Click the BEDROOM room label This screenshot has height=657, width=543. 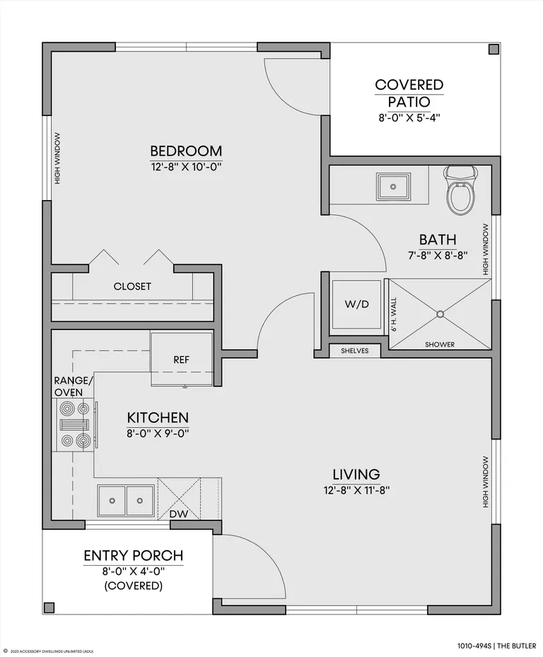(186, 151)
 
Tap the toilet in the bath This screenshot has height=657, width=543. (461, 190)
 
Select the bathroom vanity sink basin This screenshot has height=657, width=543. (393, 187)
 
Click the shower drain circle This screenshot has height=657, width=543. (440, 314)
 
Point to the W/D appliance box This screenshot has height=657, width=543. (356, 305)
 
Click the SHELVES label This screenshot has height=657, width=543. (355, 351)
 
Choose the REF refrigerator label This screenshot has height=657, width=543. (182, 359)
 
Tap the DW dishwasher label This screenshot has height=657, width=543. (179, 513)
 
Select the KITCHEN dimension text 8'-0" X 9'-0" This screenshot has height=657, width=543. (158, 434)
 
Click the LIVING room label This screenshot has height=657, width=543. (356, 475)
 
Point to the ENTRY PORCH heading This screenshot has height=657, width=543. (134, 556)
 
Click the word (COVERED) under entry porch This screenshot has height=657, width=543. (134, 586)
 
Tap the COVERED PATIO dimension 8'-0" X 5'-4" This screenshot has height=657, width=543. (409, 117)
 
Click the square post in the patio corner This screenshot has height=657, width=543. (494, 50)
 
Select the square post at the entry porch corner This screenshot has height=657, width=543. (49, 607)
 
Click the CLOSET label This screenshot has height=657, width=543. (132, 286)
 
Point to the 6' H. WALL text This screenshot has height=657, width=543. (394, 315)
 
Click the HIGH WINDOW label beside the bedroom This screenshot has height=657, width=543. (57, 158)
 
